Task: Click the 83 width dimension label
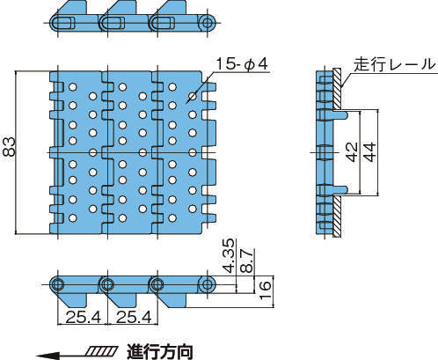pyautogui.click(x=8, y=147)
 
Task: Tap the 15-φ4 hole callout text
pyautogui.click(x=242, y=64)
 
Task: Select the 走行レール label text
pyautogui.click(x=394, y=64)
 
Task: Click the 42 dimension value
pyautogui.click(x=352, y=151)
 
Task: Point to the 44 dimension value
pyautogui.click(x=369, y=151)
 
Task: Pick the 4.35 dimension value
pyautogui.click(x=229, y=255)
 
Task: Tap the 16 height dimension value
pyautogui.click(x=265, y=290)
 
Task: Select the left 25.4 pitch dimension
pyautogui.click(x=84, y=317)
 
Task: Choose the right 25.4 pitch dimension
pyautogui.click(x=134, y=317)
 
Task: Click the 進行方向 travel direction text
pyautogui.click(x=160, y=352)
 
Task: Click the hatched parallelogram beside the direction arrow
pyautogui.click(x=103, y=350)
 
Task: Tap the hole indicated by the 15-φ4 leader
pyautogui.click(x=193, y=96)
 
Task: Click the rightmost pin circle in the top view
pyautogui.click(x=208, y=23)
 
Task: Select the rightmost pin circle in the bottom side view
pyautogui.click(x=208, y=284)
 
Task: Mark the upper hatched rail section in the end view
pyautogui.click(x=337, y=88)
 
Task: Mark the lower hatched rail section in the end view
pyautogui.click(x=337, y=217)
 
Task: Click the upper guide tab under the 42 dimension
pyautogui.click(x=340, y=114)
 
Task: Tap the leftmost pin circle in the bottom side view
pyautogui.click(x=58, y=284)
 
